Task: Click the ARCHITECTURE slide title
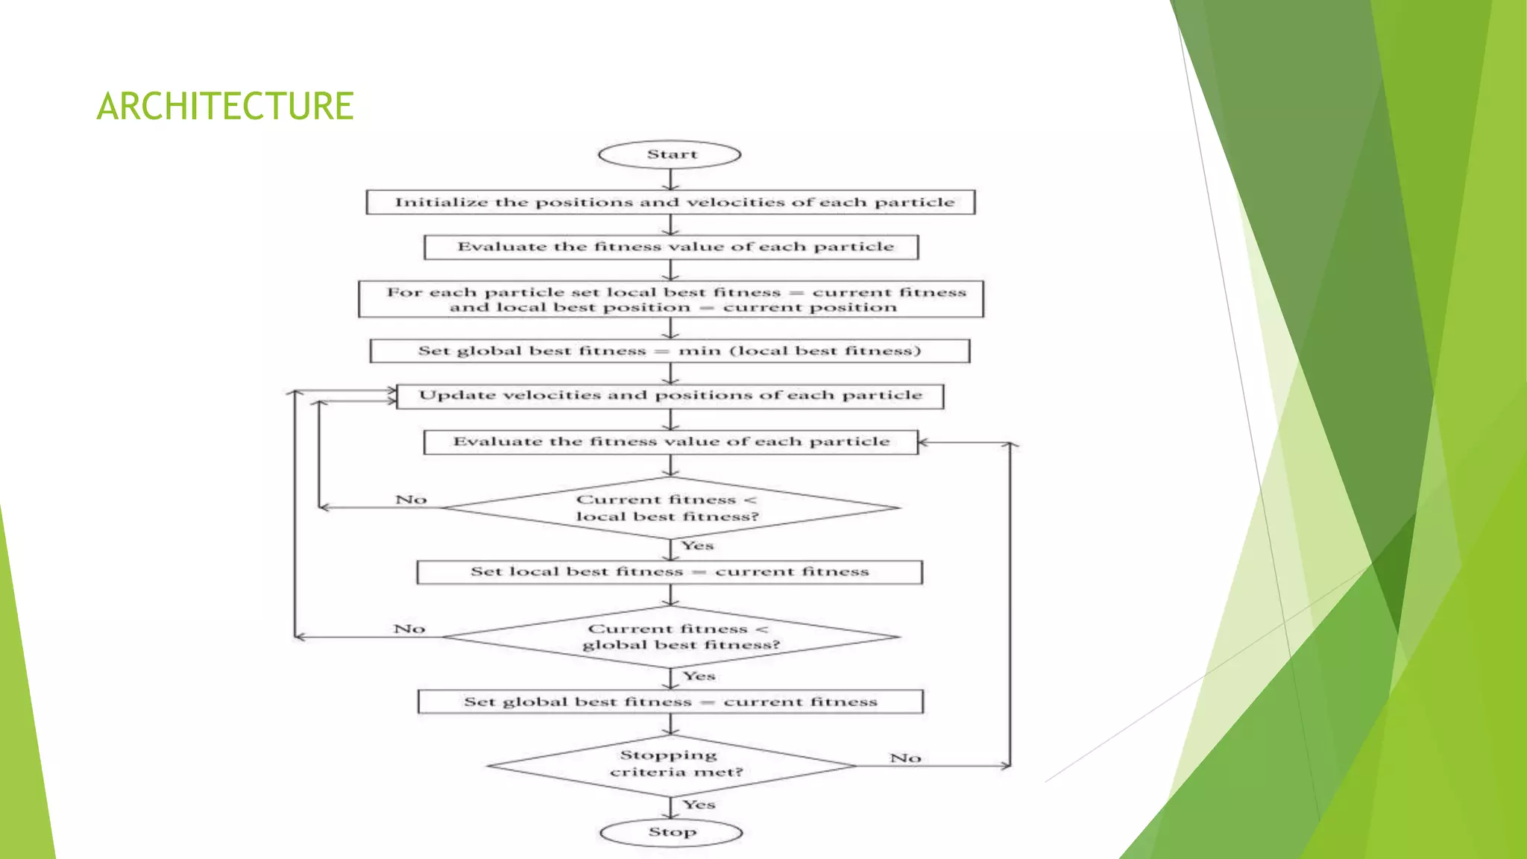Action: (224, 106)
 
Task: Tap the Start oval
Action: (670, 154)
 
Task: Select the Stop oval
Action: (671, 832)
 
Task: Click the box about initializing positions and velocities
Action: (671, 202)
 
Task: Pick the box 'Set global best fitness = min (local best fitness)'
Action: (670, 351)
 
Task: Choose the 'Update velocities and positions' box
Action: (670, 396)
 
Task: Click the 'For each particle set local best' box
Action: (671, 299)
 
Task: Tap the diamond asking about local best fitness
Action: (670, 508)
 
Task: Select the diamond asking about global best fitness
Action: (671, 637)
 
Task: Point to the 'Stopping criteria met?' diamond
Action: (671, 765)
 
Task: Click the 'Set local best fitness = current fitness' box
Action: (670, 572)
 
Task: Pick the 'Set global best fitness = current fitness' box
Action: (670, 702)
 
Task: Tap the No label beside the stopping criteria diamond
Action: (905, 758)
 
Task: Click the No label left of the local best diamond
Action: (411, 500)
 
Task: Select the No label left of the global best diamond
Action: (409, 629)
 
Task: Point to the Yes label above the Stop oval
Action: (699, 805)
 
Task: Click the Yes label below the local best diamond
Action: (697, 546)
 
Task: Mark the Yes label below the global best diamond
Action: (699, 676)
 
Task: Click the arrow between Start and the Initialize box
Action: (670, 179)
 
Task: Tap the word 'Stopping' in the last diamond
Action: (668, 755)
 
